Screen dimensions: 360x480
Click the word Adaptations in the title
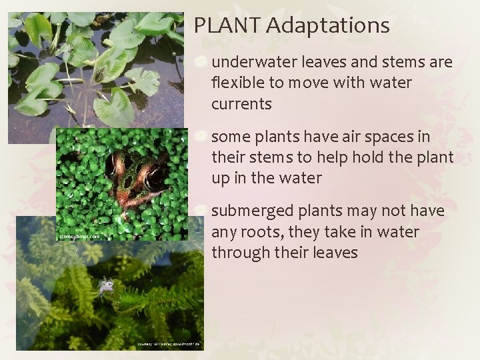[327, 26]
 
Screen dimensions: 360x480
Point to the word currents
[241, 104]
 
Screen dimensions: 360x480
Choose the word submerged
[251, 211]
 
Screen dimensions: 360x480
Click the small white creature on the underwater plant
[105, 287]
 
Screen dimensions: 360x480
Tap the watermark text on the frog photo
[79, 236]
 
